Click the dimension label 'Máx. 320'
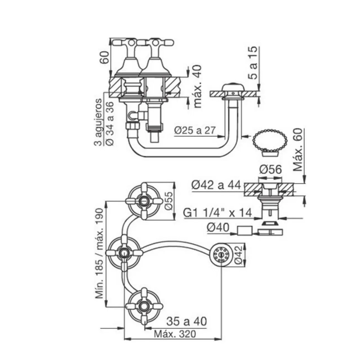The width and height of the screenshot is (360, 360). coord(175,334)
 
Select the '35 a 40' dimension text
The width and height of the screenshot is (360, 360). coord(186,321)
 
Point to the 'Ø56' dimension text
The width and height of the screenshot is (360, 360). coord(270,170)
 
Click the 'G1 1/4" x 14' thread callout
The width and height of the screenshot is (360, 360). coord(217,213)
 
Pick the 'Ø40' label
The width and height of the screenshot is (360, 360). coord(218,228)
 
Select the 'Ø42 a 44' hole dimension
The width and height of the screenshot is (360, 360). coord(216,185)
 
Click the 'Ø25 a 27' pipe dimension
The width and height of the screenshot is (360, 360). coord(195,130)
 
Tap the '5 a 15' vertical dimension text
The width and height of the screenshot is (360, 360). coord(253,63)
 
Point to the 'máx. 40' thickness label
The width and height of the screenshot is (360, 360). coord(197,86)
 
